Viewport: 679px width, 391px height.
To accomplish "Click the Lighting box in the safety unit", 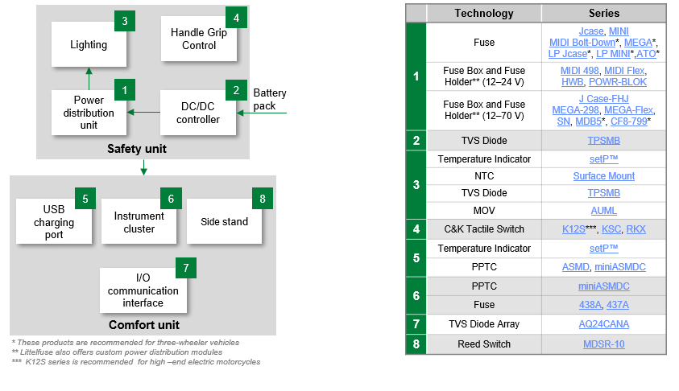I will coord(89,44).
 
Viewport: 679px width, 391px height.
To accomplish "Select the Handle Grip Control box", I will coord(199,39).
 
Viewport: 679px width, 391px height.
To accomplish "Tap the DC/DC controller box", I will coord(198,113).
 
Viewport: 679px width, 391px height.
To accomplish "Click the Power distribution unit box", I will coord(89,113).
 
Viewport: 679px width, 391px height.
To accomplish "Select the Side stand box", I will coord(224,221).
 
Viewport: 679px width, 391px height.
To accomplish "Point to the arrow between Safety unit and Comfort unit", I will coord(143,167).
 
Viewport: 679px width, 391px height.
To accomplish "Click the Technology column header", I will coord(483,13).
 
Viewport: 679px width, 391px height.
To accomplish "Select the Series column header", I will coord(603,13).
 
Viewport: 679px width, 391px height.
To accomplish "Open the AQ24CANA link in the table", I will coord(603,324).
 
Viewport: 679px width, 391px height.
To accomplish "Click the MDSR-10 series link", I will coord(603,344).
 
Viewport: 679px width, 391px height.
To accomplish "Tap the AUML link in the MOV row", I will coord(603,210).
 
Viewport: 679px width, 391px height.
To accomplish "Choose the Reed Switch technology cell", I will coord(483,344).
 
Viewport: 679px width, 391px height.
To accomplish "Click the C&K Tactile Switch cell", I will coord(483,229).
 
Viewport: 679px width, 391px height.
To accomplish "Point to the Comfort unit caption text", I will coord(143,325).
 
